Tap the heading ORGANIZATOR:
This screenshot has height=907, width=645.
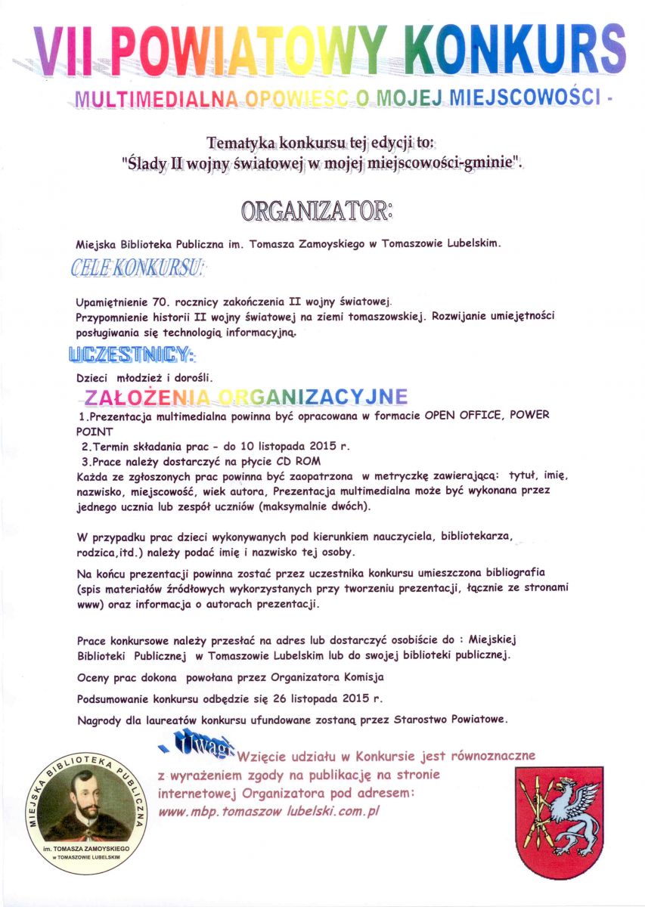[317, 211]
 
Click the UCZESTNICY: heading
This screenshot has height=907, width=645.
[132, 353]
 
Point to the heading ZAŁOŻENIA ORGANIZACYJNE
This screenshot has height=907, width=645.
[246, 396]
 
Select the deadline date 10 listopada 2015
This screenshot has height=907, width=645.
[294, 446]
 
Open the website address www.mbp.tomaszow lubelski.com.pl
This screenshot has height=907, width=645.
[268, 812]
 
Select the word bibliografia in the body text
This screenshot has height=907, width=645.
[507, 572]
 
